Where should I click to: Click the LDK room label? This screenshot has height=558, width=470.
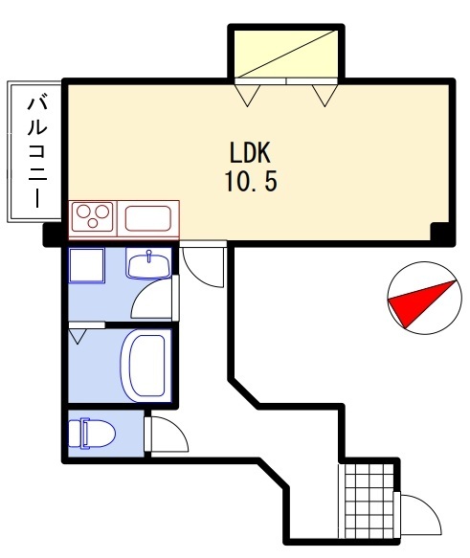click(250, 153)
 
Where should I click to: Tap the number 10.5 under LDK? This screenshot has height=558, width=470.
click(251, 181)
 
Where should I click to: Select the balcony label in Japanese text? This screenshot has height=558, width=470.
click(37, 151)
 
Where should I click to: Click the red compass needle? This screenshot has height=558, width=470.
click(422, 303)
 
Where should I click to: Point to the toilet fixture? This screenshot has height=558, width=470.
click(92, 433)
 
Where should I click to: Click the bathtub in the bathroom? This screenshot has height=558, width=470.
click(145, 366)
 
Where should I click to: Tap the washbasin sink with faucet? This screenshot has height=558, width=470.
click(148, 264)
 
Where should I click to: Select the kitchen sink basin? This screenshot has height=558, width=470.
click(147, 218)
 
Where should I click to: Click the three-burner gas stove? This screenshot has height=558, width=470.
click(92, 217)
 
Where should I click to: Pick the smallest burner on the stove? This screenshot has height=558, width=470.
click(93, 223)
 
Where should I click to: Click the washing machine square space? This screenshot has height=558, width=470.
click(86, 265)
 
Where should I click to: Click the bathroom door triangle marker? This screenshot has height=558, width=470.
click(78, 336)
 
